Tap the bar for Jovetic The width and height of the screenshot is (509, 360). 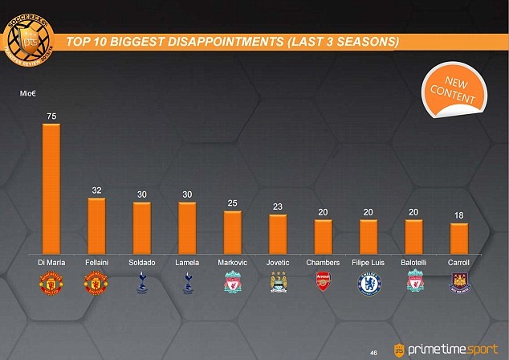point(278,233)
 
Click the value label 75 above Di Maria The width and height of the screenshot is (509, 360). point(51,116)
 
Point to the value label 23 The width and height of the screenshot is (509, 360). point(278,207)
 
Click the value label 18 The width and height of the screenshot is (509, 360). point(459,215)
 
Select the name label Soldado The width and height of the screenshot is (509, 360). point(142,263)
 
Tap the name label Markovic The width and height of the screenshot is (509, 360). point(233,263)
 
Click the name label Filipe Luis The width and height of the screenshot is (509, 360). point(369,263)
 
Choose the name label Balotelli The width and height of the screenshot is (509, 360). point(414,263)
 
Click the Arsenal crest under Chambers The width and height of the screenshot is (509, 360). point(324,282)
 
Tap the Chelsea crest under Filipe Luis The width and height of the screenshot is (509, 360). point(369,282)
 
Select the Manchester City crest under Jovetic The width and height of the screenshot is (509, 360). point(278,282)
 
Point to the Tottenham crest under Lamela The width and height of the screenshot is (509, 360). point(187,282)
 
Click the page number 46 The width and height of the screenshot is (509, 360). point(373,351)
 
